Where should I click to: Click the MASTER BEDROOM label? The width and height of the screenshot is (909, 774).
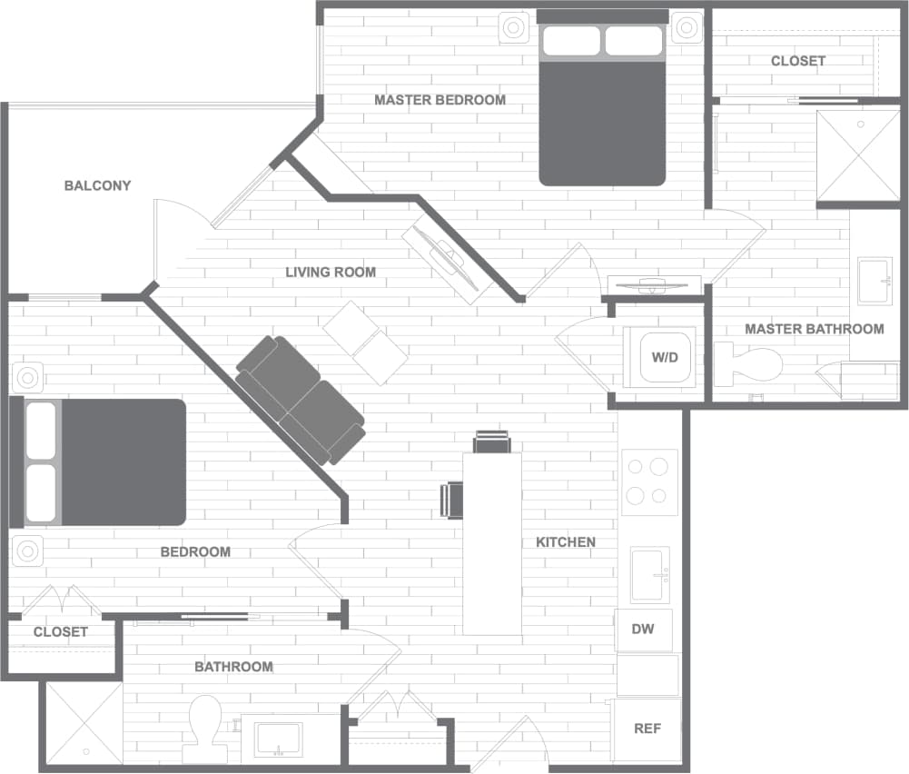(x=440, y=100)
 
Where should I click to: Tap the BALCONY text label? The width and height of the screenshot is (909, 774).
(x=97, y=186)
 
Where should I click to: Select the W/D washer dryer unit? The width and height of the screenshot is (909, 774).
(x=664, y=357)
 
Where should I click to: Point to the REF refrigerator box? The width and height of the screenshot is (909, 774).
(x=647, y=729)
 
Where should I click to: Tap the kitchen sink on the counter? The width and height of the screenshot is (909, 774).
(x=649, y=574)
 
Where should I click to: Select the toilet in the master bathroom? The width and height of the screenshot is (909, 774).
(x=748, y=363)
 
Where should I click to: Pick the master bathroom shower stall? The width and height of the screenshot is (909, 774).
(x=857, y=155)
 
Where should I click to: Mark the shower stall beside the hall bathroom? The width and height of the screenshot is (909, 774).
(x=84, y=723)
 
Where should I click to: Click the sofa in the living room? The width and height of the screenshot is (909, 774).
(x=300, y=400)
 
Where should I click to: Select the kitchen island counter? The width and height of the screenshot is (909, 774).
(x=492, y=543)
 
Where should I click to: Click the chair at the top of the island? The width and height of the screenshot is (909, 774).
(x=491, y=442)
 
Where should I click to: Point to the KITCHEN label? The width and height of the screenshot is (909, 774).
(x=565, y=542)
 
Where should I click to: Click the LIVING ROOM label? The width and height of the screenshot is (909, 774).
(x=330, y=273)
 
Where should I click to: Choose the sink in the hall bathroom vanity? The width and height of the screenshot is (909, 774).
(x=279, y=738)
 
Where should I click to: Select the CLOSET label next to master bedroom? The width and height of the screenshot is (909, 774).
(x=797, y=61)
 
